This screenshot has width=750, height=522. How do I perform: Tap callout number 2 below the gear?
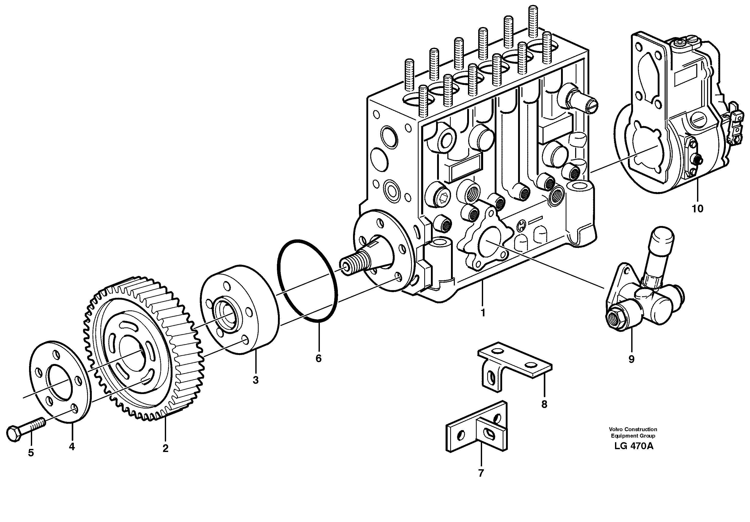pyautogui.click(x=165, y=448)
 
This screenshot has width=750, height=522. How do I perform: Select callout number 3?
pyautogui.click(x=256, y=380)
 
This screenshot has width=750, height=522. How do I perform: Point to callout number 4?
pyautogui.click(x=72, y=446)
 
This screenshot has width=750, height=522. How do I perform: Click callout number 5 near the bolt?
pyautogui.click(x=31, y=453)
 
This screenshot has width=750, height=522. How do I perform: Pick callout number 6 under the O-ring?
pyautogui.click(x=319, y=359)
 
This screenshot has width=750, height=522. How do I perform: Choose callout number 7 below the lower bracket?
pyautogui.click(x=481, y=473)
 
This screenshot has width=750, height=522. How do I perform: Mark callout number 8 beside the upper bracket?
pyautogui.click(x=544, y=405)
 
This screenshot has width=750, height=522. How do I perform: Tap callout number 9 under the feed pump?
pyautogui.click(x=631, y=359)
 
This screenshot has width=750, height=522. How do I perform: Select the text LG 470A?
pyautogui.click(x=634, y=446)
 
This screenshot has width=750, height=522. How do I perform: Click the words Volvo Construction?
pyautogui.click(x=633, y=429)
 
